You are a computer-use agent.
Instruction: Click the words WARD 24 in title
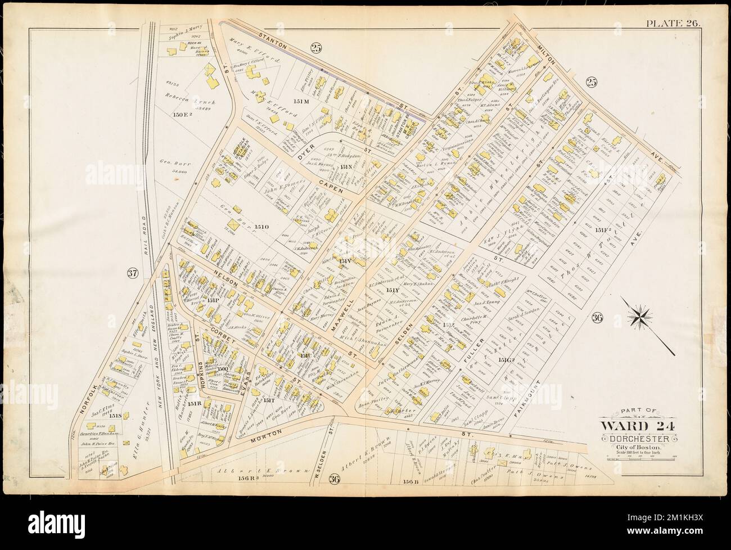[637, 426]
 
